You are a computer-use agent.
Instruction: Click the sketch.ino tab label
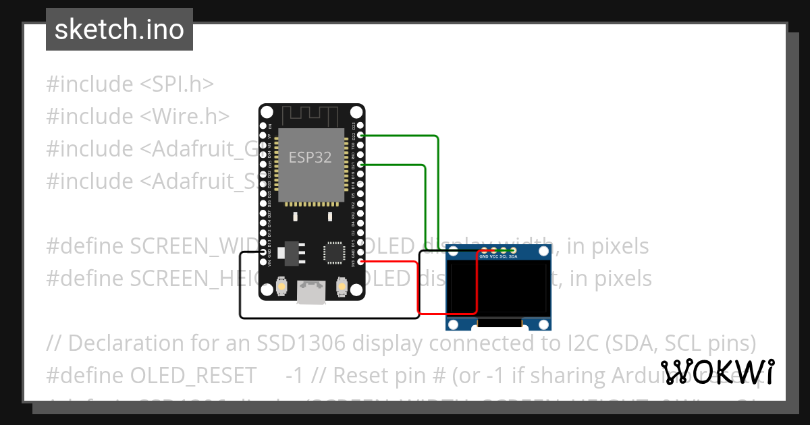pyautogui.click(x=119, y=30)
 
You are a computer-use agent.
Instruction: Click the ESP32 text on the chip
pyautogui.click(x=310, y=157)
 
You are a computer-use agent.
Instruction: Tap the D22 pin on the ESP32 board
pyautogui.click(x=361, y=136)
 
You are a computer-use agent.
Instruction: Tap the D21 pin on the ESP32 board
pyautogui.click(x=361, y=165)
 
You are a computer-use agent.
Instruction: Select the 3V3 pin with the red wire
pyautogui.click(x=361, y=262)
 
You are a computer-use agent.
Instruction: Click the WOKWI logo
pyautogui.click(x=717, y=372)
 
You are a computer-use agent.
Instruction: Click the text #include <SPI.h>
pyautogui.click(x=130, y=84)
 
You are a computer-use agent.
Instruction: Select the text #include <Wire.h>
pyautogui.click(x=138, y=116)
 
